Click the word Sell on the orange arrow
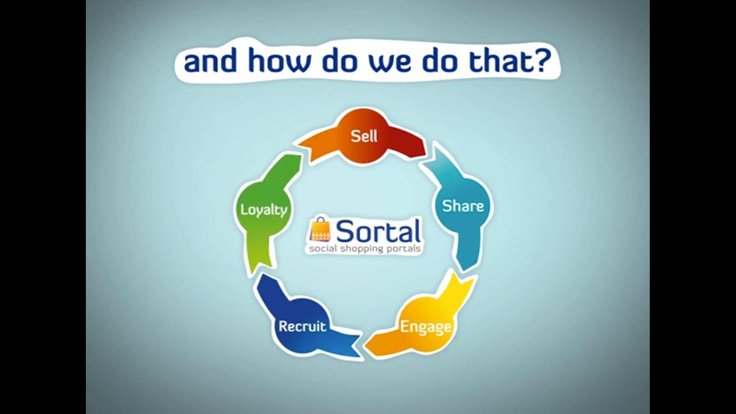[364, 136]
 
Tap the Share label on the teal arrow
[463, 206]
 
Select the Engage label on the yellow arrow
[426, 327]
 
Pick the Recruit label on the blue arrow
[302, 327]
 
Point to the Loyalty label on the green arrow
[263, 210]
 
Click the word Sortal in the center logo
[378, 231]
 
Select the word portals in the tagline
[406, 249]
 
